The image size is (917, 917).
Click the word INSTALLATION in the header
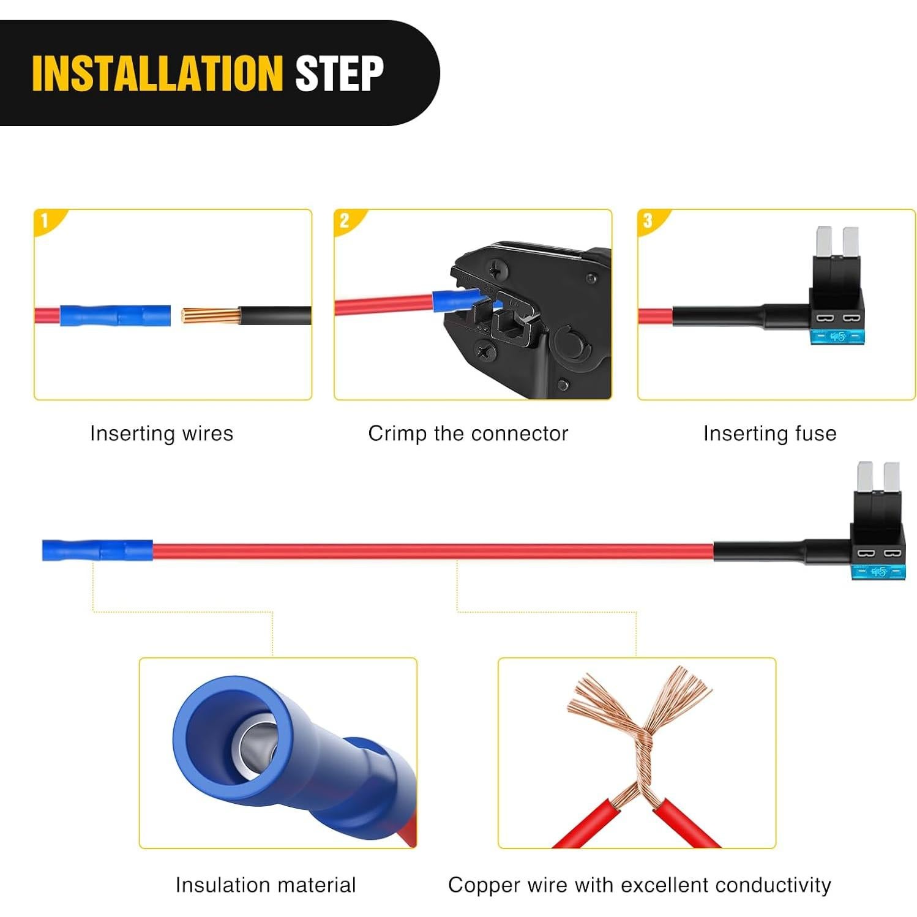click(x=157, y=73)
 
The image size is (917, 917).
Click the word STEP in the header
click(x=339, y=73)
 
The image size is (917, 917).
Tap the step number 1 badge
click(x=45, y=220)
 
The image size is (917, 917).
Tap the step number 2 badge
click(x=345, y=220)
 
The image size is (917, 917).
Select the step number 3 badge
click(x=648, y=220)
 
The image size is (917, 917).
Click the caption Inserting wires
click(x=162, y=433)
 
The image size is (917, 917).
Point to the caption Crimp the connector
click(x=468, y=433)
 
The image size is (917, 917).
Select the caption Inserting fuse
click(x=769, y=433)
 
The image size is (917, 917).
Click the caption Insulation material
click(x=265, y=885)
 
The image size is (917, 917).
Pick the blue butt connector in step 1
click(x=115, y=316)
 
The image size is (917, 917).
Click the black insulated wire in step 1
click(x=275, y=316)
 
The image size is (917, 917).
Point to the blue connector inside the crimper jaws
click(x=456, y=301)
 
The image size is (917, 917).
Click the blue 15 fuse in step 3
click(x=837, y=337)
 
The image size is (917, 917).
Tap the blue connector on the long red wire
click(x=97, y=551)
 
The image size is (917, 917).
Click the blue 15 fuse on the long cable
click(x=878, y=572)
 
